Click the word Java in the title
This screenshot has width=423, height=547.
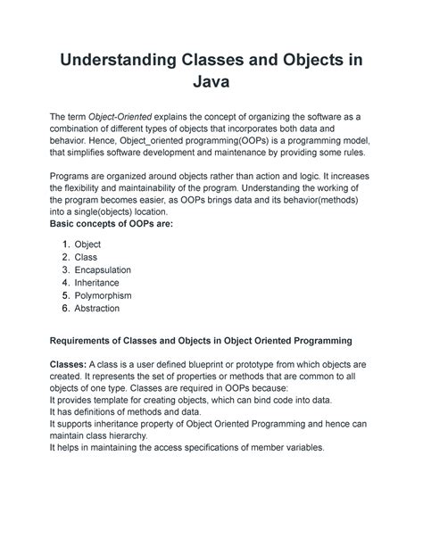210,85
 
